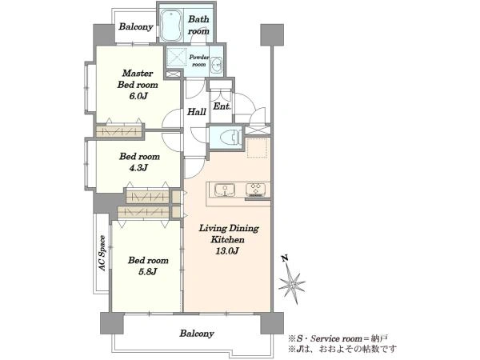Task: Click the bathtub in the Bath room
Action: (x=171, y=26)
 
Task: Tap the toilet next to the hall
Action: (x=230, y=137)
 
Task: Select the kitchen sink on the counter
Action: (x=225, y=190)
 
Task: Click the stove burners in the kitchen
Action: (x=256, y=190)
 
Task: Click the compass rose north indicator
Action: (x=291, y=280)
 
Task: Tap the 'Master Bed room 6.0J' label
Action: (x=138, y=85)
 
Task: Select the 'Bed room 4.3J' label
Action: (x=139, y=162)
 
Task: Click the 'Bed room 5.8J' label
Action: (x=148, y=266)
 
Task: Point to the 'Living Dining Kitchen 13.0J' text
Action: (x=229, y=239)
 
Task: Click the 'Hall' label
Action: (x=196, y=112)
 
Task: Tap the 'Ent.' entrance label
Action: (x=222, y=106)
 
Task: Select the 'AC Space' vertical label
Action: (x=102, y=253)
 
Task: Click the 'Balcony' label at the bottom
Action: (x=197, y=333)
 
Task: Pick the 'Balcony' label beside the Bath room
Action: (x=136, y=26)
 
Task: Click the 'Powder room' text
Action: (x=198, y=61)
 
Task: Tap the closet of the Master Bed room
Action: (x=119, y=132)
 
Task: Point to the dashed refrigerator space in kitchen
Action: (x=257, y=148)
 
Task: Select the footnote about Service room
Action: (x=338, y=338)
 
